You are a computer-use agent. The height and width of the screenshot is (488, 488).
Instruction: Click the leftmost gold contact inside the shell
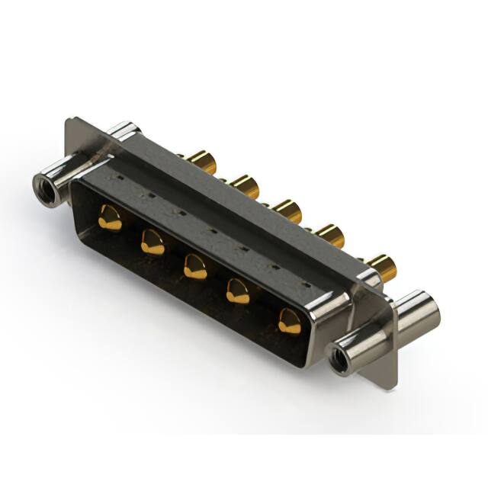point(110,218)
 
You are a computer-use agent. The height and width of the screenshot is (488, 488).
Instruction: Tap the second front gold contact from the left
point(152,242)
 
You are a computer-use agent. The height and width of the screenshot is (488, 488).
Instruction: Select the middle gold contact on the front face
point(196,266)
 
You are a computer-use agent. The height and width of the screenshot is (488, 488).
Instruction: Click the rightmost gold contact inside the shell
point(289,321)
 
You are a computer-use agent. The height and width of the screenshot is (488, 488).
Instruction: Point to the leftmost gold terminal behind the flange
point(203,162)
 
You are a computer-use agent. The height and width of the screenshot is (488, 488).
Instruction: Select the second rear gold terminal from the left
point(246,185)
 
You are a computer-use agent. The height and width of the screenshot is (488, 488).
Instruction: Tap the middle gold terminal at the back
point(287,209)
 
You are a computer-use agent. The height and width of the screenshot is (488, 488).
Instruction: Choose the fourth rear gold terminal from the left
point(329,233)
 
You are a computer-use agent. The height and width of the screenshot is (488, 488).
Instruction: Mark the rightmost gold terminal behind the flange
point(382,267)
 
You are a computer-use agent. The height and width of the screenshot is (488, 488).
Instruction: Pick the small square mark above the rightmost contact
point(303,284)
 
